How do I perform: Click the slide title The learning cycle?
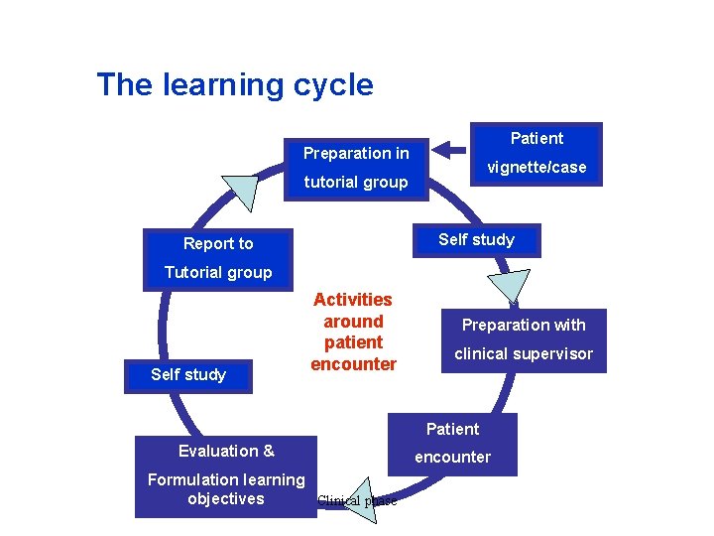point(235,84)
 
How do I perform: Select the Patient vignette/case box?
point(536,153)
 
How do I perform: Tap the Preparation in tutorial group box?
point(355,168)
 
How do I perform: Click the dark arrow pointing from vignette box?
point(451,150)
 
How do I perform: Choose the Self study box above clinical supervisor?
point(476,240)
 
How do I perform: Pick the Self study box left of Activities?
point(188,375)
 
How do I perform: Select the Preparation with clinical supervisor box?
point(524,339)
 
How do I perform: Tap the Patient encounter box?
point(452,443)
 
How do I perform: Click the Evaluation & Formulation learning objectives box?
point(226,476)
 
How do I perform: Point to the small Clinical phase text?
point(357,501)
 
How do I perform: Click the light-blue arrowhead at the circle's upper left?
point(239,191)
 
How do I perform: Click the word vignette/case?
point(536,168)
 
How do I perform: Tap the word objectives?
point(226,499)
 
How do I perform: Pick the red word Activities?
point(353,300)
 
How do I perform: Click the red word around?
point(353,322)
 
